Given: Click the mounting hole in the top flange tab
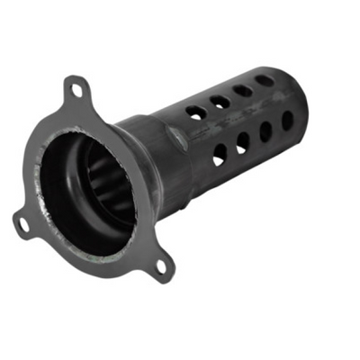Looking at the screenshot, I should pos(78,91).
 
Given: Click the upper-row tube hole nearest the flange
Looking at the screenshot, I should pos(195,113).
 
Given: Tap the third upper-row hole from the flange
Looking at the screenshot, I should pos(243,91).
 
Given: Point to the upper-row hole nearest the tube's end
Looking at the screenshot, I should pos(265,80).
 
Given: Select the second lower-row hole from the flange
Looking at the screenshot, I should pos(243,143).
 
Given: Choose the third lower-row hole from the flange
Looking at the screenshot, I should pos(266,130).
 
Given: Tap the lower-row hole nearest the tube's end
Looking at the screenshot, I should pos(287,119).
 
